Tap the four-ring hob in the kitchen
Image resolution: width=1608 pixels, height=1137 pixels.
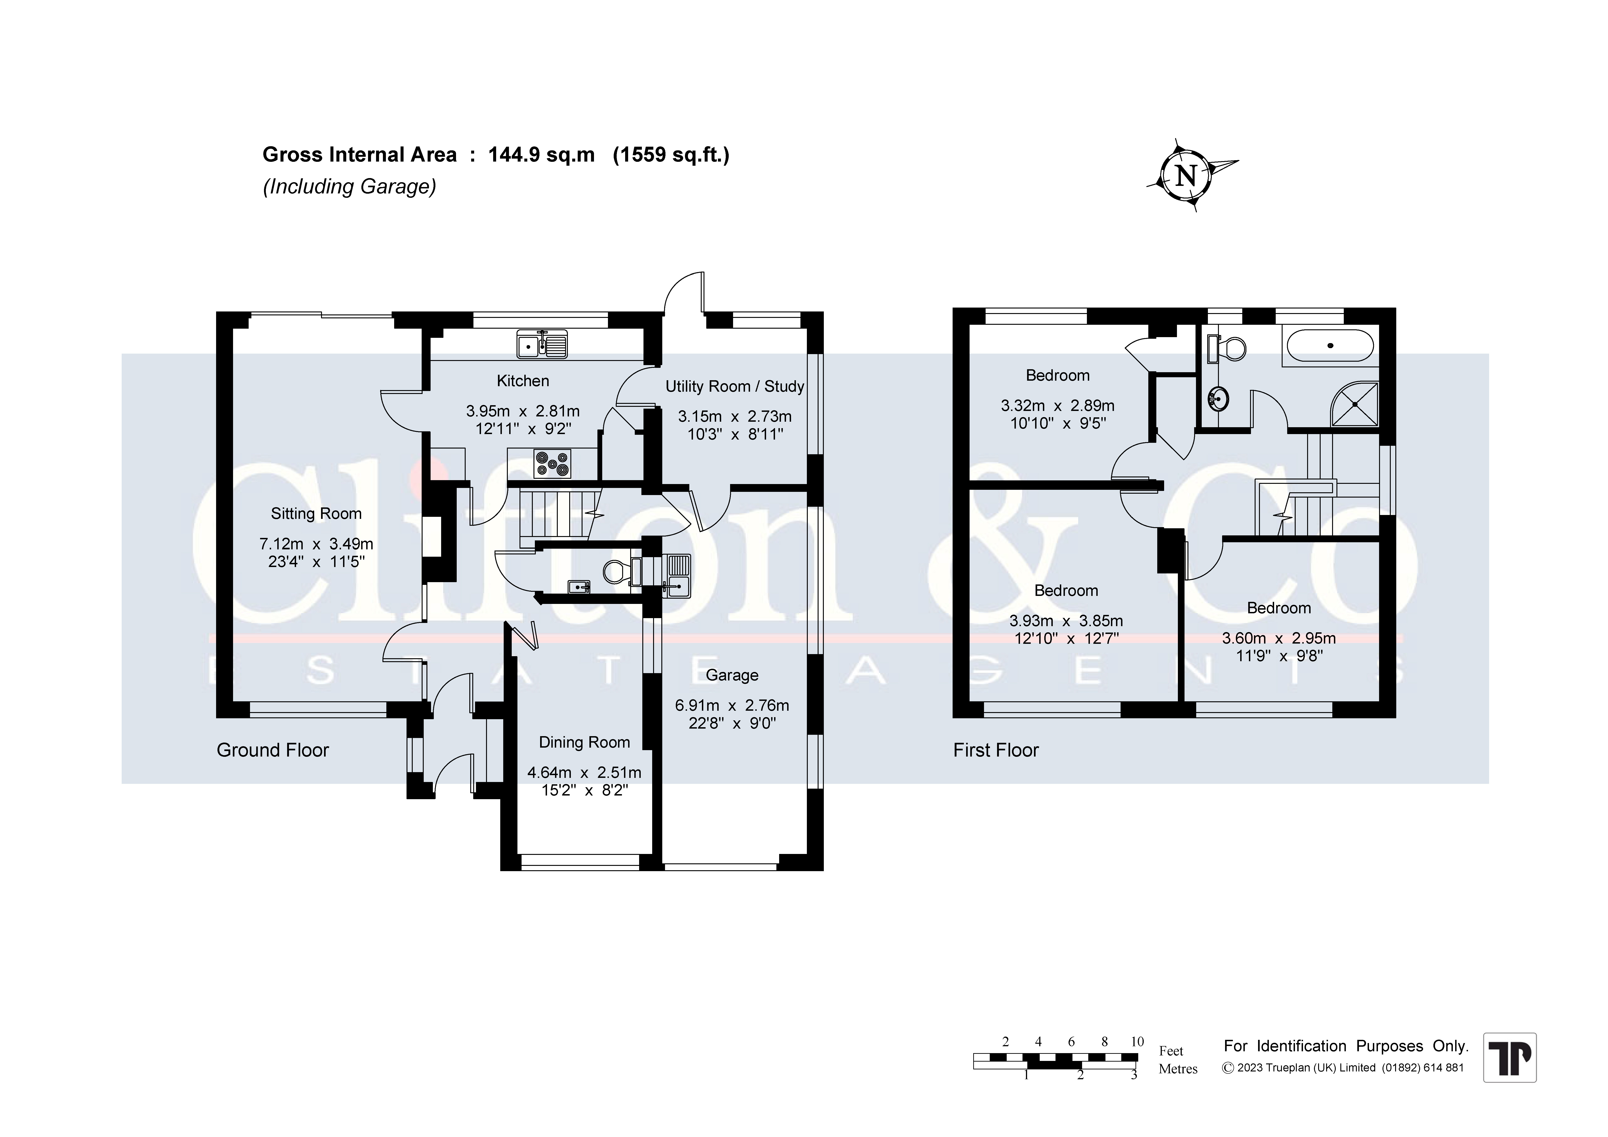tap(552, 463)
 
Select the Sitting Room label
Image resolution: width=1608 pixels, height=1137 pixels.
tap(316, 514)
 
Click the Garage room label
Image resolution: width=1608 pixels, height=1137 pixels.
tap(732, 675)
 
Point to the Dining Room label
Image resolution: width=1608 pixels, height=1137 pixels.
tap(584, 743)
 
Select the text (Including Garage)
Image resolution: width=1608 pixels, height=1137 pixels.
tap(349, 186)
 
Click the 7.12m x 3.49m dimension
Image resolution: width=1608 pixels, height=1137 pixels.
tap(316, 544)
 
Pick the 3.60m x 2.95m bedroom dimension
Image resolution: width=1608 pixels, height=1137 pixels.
tap(1279, 638)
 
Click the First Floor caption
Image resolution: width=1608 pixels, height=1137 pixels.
tap(996, 750)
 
